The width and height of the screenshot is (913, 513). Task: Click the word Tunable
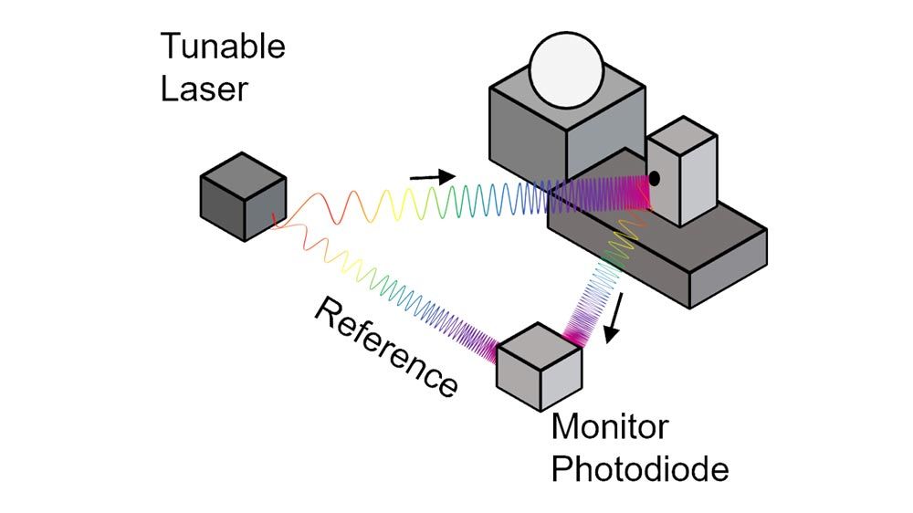coord(223,46)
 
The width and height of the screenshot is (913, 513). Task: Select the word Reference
coord(385,348)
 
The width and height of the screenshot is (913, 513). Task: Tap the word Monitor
coord(610,426)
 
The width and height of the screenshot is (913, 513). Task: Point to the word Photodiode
coord(640,470)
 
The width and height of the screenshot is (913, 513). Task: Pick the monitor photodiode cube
coord(539,365)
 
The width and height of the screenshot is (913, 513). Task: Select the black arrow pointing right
coord(432,177)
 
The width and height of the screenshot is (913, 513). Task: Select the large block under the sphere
coord(566,128)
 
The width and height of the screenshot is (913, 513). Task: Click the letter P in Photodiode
coord(561,470)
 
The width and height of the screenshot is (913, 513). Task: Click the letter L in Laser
coord(169,89)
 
